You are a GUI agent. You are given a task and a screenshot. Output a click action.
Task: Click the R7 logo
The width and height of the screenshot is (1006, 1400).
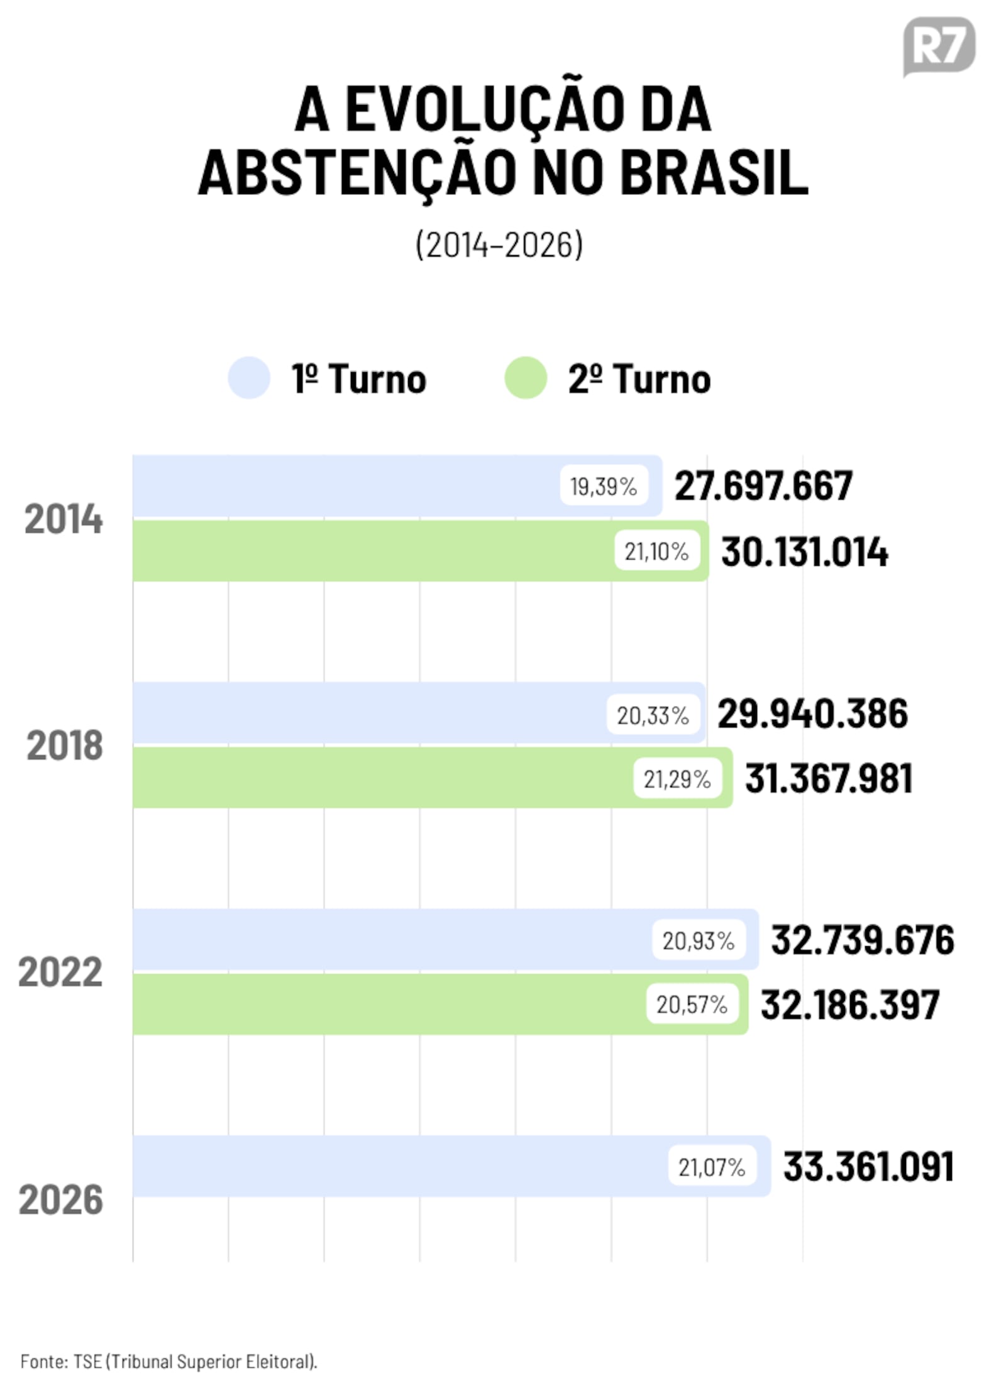(939, 46)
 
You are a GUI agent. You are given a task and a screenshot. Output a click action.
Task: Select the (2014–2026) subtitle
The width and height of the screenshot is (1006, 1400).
(499, 245)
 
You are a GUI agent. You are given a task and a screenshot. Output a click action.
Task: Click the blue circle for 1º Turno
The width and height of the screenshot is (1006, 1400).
(249, 378)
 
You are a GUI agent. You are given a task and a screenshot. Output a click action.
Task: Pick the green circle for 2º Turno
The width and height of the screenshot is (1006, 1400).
(526, 378)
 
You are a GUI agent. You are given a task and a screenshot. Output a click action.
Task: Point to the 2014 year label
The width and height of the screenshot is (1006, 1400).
(64, 519)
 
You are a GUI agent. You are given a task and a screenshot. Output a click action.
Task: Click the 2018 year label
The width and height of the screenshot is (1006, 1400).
(65, 746)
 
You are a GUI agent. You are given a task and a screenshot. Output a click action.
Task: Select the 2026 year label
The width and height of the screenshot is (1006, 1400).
(61, 1199)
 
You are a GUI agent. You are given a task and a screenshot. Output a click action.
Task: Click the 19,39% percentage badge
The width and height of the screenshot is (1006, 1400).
(604, 486)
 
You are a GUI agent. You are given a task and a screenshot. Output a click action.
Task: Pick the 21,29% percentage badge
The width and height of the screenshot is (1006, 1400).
(677, 779)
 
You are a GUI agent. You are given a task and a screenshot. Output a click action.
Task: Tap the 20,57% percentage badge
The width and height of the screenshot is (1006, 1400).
(692, 1005)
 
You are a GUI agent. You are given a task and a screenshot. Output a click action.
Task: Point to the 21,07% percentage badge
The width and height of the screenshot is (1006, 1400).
(712, 1167)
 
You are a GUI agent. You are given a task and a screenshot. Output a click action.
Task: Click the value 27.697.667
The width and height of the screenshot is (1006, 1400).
(764, 486)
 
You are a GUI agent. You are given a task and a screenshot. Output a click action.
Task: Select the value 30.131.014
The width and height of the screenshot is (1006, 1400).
(805, 552)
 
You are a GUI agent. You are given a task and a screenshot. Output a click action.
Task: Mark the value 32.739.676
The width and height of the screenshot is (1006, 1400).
(863, 940)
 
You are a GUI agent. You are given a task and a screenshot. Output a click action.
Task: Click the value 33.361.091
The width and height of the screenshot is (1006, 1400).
(869, 1166)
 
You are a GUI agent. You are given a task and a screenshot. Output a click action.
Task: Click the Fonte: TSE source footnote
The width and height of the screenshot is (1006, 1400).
(169, 1361)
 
